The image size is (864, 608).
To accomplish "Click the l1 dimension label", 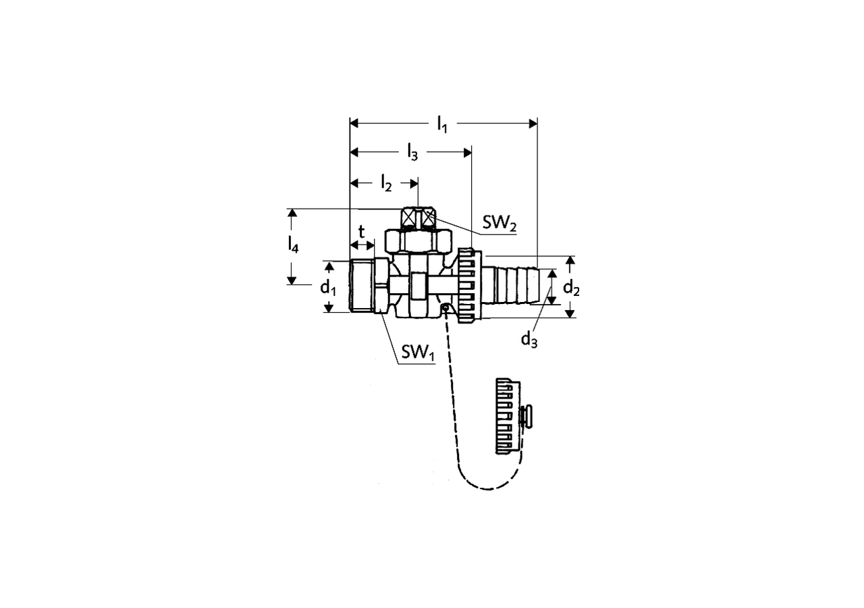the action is [442, 125].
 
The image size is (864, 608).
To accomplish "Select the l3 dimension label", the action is [412, 153].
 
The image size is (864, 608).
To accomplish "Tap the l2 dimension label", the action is [386, 183].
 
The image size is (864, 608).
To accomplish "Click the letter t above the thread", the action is [361, 232].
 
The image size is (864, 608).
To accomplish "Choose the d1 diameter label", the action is [328, 288].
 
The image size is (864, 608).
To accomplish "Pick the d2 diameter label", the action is [571, 288].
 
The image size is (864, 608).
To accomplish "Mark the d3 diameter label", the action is [529, 340].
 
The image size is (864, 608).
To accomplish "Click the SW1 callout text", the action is [418, 352].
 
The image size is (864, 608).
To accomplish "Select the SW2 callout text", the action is [500, 223].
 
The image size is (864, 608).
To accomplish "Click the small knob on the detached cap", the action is [526, 416].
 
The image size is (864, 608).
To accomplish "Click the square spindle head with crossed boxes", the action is [418, 218].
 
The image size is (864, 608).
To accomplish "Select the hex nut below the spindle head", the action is [418, 241].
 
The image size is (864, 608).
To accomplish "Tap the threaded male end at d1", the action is [362, 286].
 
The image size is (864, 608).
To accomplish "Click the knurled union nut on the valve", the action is [470, 286].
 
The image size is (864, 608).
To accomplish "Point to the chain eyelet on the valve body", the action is [445, 307].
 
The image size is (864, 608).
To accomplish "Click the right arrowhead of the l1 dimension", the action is [533, 124].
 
